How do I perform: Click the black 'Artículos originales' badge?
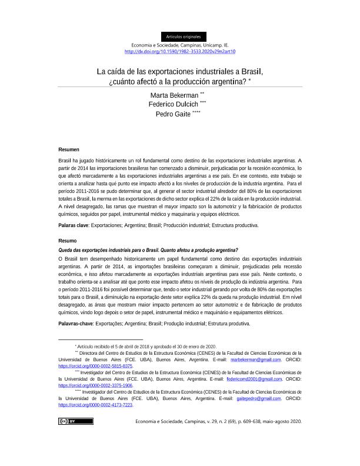point(183,36)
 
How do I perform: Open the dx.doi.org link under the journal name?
point(180,51)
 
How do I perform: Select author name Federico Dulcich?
point(174,104)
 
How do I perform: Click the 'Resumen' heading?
point(69,150)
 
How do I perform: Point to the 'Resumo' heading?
point(68,241)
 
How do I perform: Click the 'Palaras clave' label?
point(74,225)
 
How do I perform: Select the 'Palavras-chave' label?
point(76,324)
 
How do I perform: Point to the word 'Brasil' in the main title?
point(248,72)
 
